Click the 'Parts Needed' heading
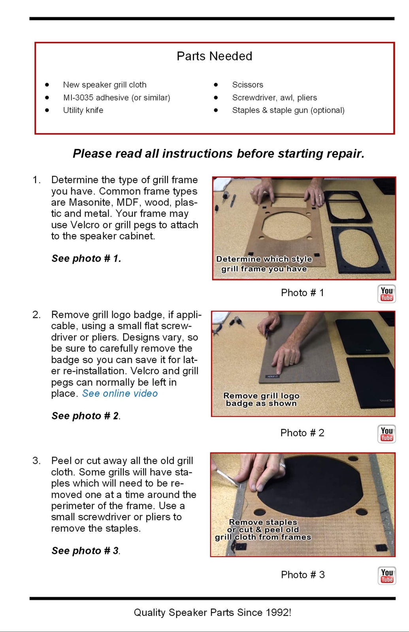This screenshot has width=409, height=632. click(214, 56)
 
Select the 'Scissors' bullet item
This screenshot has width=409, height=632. click(247, 85)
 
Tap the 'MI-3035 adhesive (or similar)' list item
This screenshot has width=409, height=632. click(117, 98)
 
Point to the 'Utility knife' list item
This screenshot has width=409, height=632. click(83, 110)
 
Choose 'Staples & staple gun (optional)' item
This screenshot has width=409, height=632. click(288, 110)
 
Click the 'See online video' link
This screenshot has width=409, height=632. click(120, 393)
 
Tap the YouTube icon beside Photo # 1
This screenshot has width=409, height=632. click(387, 294)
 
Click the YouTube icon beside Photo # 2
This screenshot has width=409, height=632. click(387, 434)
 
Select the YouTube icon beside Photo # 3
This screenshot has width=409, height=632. click(387, 576)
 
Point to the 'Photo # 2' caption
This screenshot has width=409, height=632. click(302, 433)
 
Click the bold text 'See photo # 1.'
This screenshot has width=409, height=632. click(87, 258)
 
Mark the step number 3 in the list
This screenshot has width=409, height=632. click(36, 461)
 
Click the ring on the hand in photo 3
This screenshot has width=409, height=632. click(283, 466)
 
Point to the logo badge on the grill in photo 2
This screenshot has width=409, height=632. click(272, 376)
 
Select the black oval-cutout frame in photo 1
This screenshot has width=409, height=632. click(358, 249)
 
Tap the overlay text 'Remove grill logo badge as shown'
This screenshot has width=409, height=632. click(261, 399)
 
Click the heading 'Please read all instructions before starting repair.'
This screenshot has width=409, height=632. click(219, 154)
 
